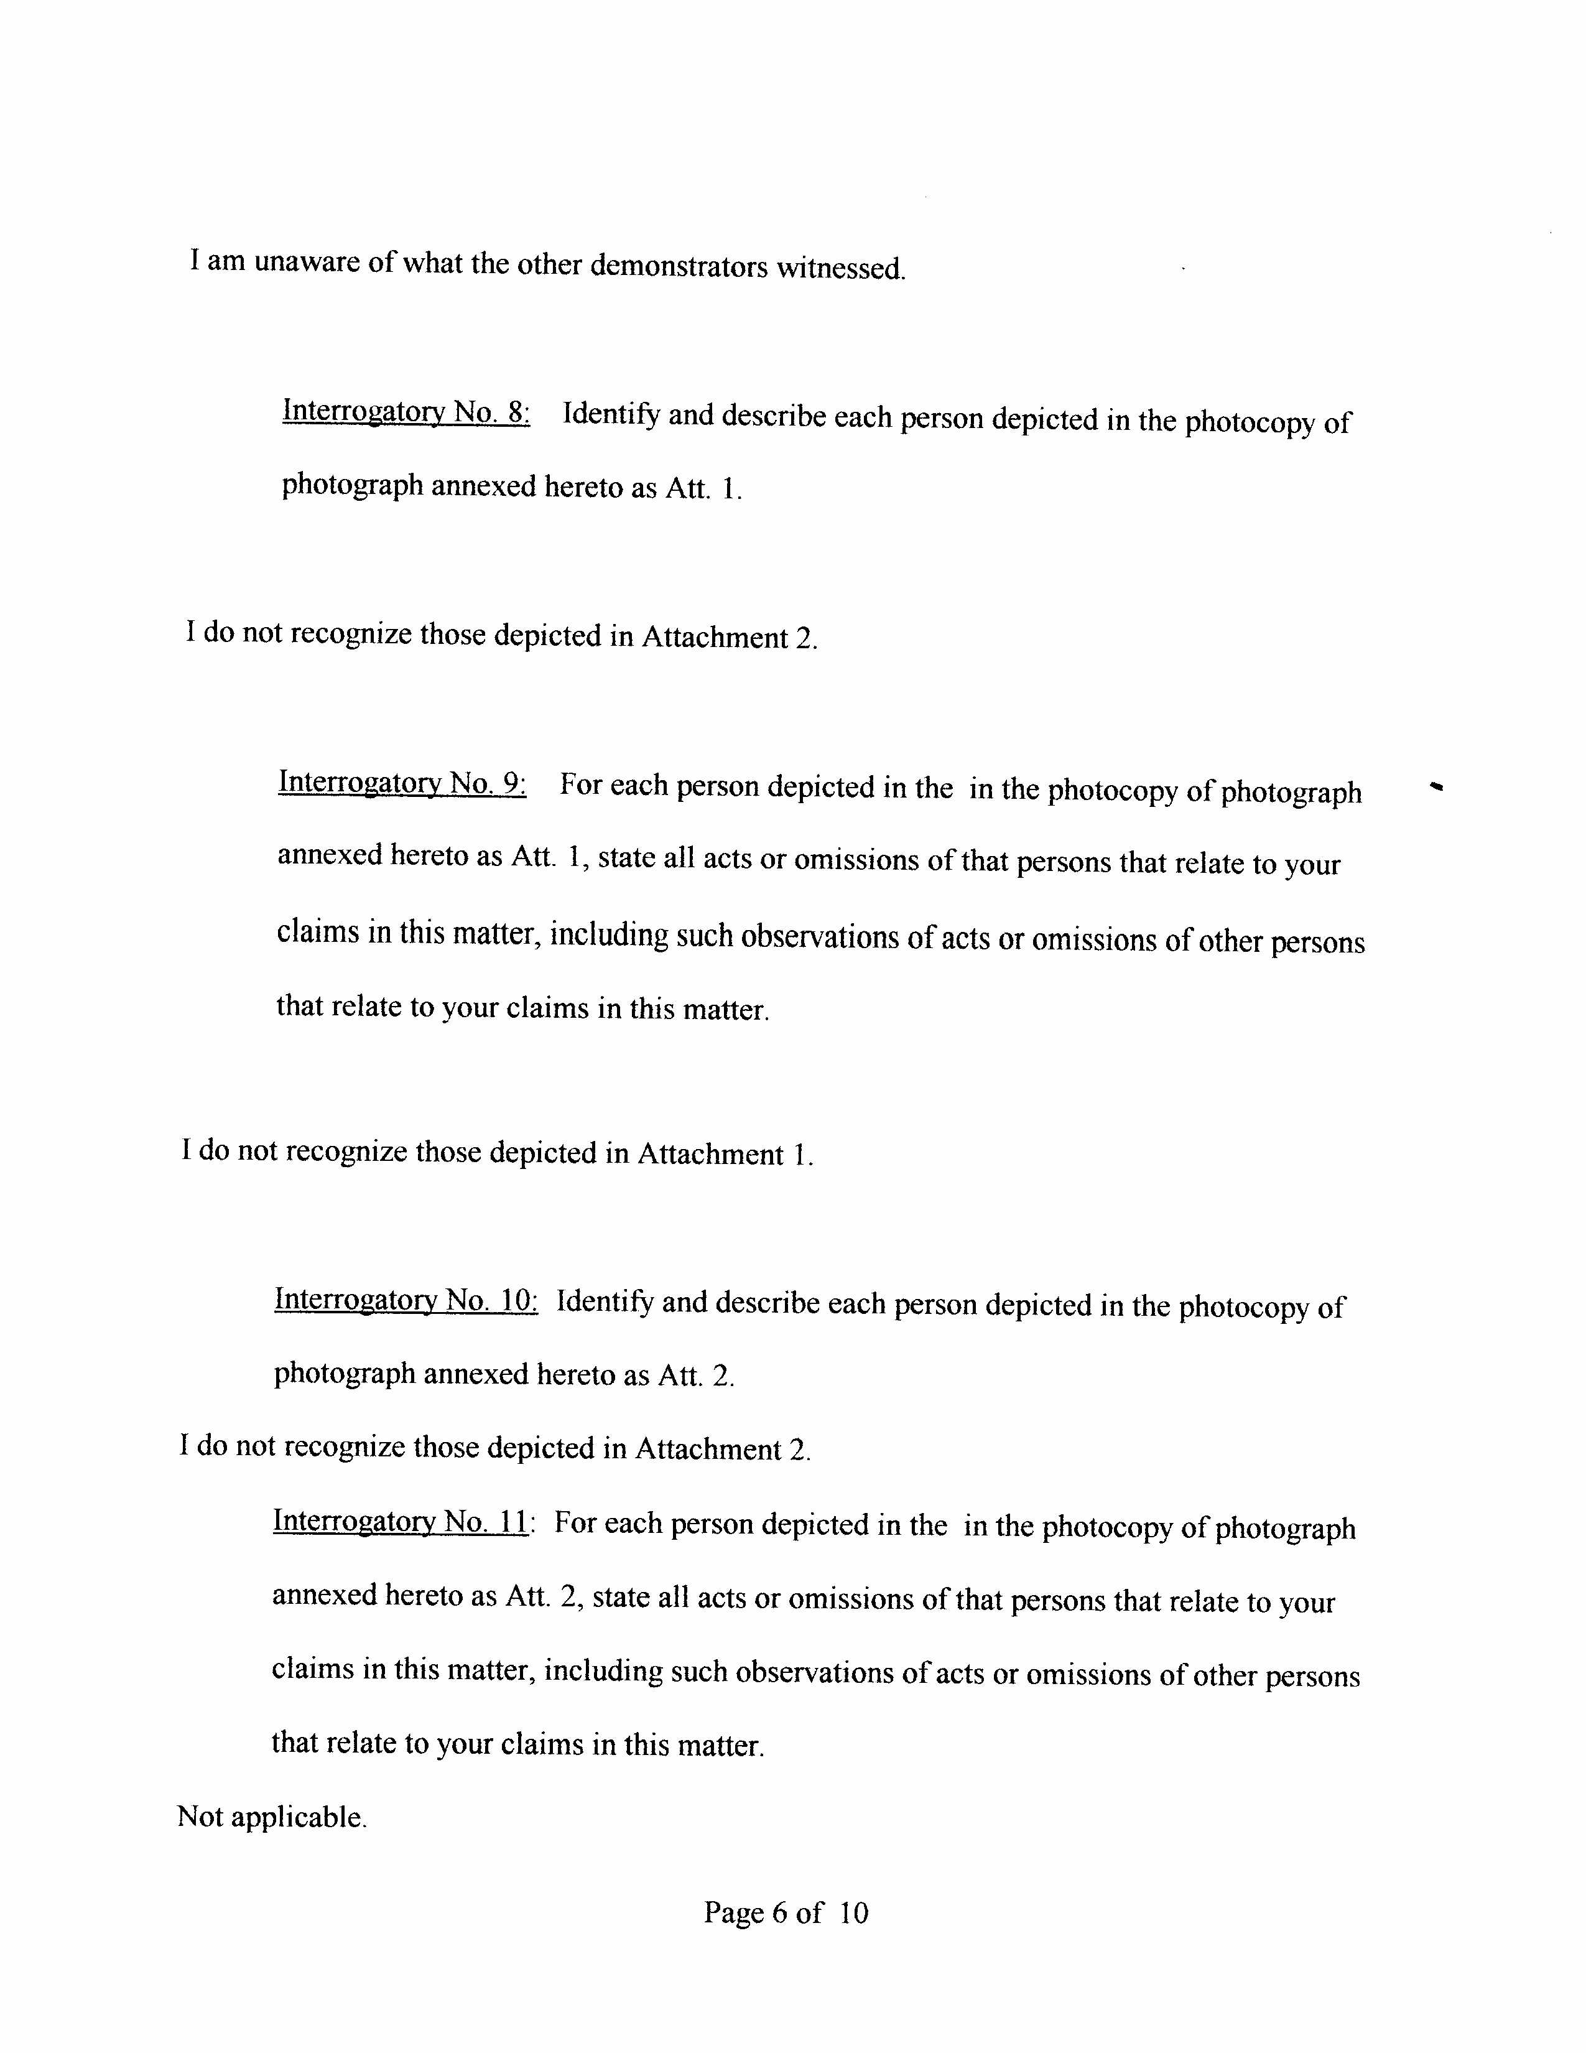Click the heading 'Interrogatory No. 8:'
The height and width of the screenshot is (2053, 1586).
pos(406,412)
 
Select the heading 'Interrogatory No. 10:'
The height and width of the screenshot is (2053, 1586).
pos(406,1300)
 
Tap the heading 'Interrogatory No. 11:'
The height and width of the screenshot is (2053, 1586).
pos(403,1521)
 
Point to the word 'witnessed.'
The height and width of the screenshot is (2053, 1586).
pos(841,269)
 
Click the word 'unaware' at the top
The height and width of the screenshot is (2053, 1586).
pos(306,261)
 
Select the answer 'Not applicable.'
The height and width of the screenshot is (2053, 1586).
pos(272,1817)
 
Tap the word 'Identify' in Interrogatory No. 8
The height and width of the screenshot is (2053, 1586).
pos(611,414)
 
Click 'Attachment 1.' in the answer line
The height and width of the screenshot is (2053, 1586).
pos(725,1153)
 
